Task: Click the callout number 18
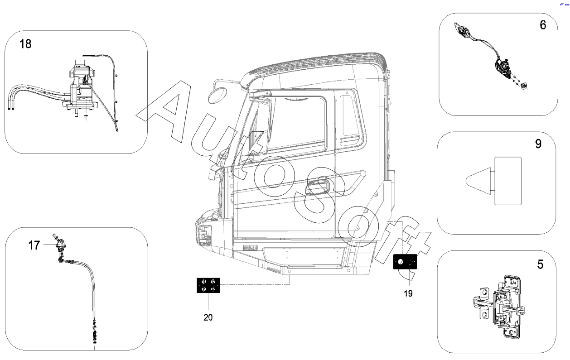pos(25,44)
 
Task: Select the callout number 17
pos(34,245)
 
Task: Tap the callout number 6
pos(542,25)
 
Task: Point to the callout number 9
pos(538,144)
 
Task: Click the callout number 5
pos(540,264)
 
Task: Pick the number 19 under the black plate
pos(408,293)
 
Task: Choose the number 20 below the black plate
pos(208,317)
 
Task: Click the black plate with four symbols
pos(208,285)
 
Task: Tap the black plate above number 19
pos(405,262)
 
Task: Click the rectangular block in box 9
pos(507,180)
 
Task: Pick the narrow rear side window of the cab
pos(352,116)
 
